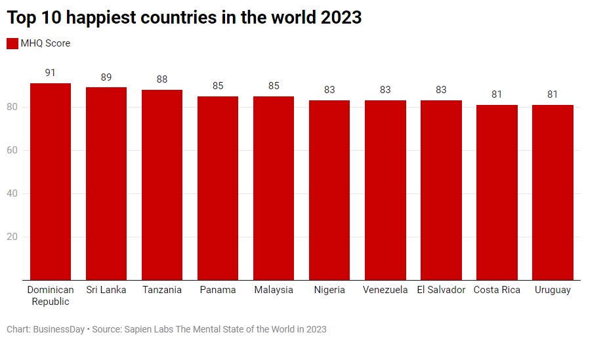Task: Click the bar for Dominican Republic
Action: [51, 182]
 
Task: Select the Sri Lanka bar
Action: [106, 184]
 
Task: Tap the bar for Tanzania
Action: [162, 185]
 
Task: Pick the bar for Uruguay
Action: [553, 192]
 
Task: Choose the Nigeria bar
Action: [329, 190]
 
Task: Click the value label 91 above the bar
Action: [51, 73]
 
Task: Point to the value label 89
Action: [106, 77]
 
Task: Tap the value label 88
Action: [162, 79]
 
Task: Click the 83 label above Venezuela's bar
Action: [385, 90]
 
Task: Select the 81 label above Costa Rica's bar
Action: [497, 94]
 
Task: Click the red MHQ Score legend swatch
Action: [12, 43]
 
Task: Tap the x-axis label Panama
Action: [218, 290]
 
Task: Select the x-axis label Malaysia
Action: [274, 290]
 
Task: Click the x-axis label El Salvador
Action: [441, 290]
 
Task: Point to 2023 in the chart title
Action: [341, 18]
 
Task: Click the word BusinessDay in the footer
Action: [58, 329]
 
